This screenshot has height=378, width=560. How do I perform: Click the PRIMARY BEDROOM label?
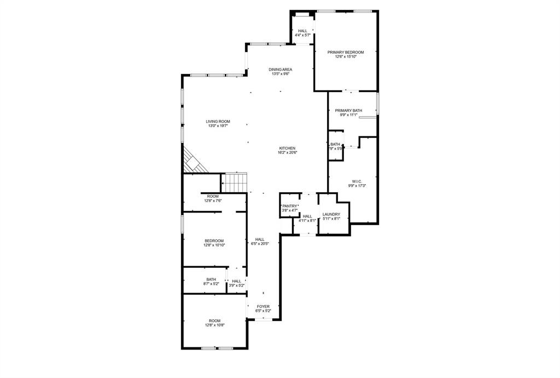[346, 52]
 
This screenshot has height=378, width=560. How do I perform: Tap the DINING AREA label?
[280, 70]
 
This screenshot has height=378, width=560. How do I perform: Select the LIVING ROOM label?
[218, 122]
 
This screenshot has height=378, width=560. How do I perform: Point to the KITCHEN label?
[287, 148]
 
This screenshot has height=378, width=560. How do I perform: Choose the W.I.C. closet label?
[357, 181]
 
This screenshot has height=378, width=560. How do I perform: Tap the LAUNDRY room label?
[331, 214]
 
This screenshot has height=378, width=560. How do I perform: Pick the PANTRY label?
[290, 206]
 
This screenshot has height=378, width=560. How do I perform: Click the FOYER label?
[263, 307]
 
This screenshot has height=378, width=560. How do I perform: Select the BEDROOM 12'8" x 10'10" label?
[214, 240]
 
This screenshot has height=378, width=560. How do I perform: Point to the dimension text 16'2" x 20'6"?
[287, 153]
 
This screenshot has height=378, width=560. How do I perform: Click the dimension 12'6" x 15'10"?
[346, 56]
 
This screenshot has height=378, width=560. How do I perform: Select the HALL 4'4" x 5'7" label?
[302, 31]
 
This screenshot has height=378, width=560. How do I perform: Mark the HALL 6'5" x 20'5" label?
[260, 239]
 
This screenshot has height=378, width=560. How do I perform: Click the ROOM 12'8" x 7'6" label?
[213, 196]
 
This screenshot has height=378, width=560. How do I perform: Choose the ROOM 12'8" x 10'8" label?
[214, 320]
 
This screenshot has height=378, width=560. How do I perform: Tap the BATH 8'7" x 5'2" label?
[211, 279]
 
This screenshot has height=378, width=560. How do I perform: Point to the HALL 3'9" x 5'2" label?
[236, 281]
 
